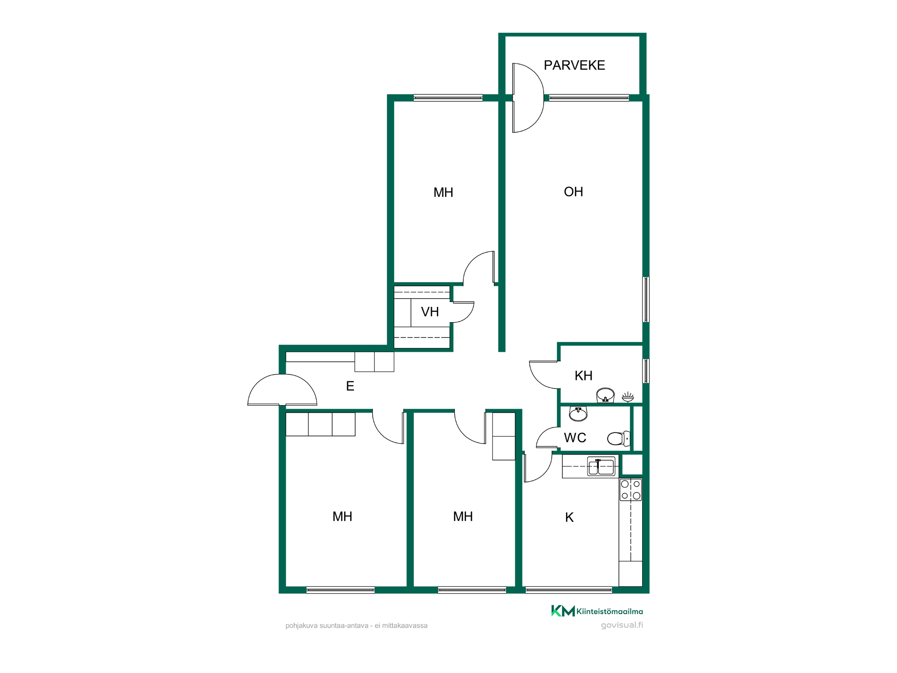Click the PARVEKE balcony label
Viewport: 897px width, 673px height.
[574, 66]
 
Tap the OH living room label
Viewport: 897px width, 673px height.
[573, 192]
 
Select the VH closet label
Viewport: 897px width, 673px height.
[430, 312]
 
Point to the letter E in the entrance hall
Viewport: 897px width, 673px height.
[350, 386]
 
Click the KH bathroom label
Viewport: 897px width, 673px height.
[583, 376]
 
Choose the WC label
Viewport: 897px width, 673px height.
[575, 437]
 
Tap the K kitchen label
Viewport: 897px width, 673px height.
[569, 517]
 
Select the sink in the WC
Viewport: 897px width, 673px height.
[578, 414]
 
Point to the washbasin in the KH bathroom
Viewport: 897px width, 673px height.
[605, 395]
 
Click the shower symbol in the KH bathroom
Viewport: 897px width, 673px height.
[628, 397]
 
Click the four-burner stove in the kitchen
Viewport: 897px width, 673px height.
[631, 489]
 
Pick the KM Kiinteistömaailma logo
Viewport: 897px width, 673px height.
[597, 611]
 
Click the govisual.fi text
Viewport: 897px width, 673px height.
[622, 625]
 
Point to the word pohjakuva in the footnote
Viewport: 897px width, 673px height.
[301, 626]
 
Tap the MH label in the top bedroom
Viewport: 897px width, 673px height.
[443, 192]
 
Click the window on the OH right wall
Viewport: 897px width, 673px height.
[646, 299]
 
